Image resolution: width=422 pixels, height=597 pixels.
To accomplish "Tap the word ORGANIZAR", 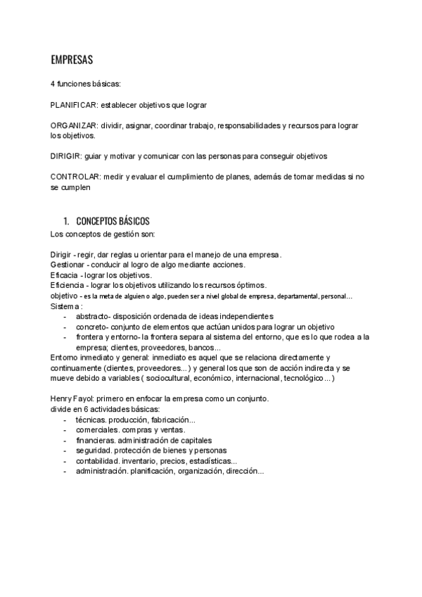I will (x=73, y=125).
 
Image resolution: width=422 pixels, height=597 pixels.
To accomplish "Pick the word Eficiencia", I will (x=68, y=285).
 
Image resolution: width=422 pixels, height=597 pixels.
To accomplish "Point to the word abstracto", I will (x=93, y=317).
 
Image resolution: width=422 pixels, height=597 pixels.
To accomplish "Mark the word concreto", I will (x=91, y=327).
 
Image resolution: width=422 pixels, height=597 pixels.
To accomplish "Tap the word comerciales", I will (x=97, y=430).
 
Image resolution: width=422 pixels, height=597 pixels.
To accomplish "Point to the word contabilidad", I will (x=98, y=461).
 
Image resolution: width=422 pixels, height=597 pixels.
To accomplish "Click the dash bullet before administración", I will (x=65, y=472).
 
